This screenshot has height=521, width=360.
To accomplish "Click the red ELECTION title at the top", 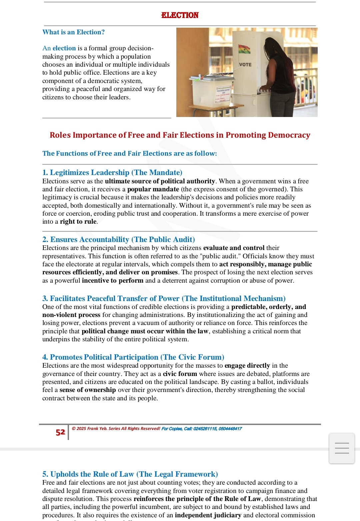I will click(x=180, y=15).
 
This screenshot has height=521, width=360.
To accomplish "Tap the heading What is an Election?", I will click(x=73, y=32).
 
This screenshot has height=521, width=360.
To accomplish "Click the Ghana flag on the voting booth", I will click(x=244, y=49).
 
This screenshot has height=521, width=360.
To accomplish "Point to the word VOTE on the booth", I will click(x=245, y=65).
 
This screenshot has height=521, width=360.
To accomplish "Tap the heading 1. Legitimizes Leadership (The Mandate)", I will click(x=112, y=173).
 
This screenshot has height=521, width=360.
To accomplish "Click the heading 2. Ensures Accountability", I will click(x=118, y=240).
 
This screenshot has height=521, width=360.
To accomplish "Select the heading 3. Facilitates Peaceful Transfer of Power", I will click(x=164, y=298).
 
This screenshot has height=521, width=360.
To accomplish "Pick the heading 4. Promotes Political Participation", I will click(x=133, y=357).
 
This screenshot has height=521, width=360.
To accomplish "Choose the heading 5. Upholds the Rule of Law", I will click(x=130, y=474).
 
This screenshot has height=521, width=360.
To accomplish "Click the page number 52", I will click(x=60, y=432).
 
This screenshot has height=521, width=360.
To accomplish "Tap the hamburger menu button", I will click(x=342, y=448).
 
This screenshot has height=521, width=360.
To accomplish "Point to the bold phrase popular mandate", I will click(x=153, y=189).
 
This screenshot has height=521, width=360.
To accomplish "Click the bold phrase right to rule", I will click(x=78, y=222).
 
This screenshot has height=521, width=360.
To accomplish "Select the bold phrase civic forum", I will click(x=180, y=374).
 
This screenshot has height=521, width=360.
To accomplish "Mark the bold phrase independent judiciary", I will click(x=208, y=515).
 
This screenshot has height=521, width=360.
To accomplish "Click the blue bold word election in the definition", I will click(x=64, y=48).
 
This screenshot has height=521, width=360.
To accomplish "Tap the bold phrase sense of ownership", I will click(x=88, y=390).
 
